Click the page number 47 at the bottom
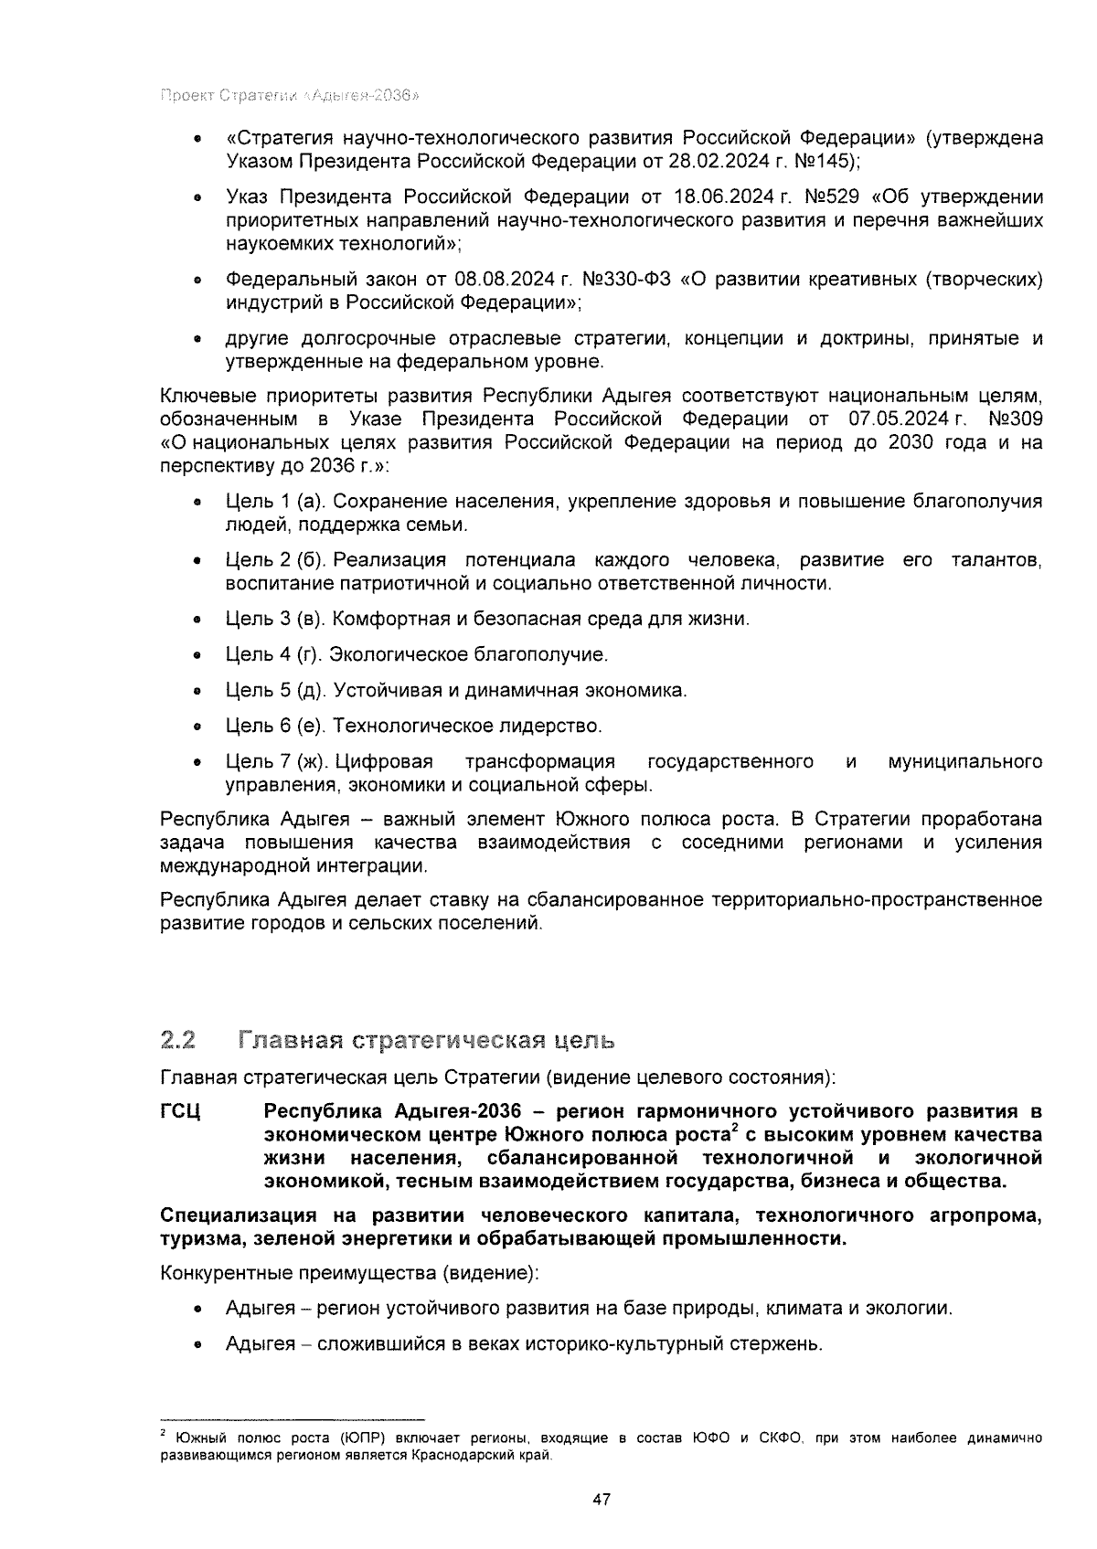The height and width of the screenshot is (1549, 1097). tap(601, 1500)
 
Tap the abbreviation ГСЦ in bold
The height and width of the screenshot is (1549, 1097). tap(180, 1111)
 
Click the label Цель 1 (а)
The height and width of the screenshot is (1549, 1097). tap(275, 502)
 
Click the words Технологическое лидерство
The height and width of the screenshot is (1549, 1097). tap(467, 726)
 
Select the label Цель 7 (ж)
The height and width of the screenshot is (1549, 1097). tap(276, 761)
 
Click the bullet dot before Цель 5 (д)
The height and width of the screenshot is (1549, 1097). tap(197, 691)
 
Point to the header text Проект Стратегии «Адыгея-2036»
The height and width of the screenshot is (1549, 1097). tap(290, 96)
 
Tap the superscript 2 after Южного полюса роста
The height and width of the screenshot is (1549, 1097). tap(734, 1129)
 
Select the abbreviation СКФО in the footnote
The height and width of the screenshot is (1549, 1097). tap(782, 1438)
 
